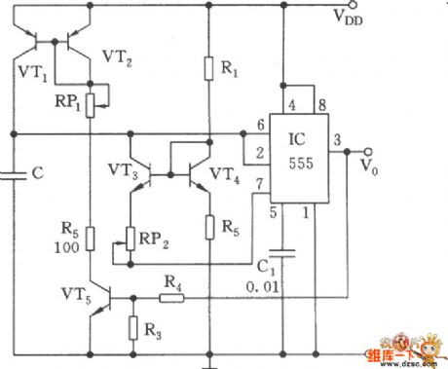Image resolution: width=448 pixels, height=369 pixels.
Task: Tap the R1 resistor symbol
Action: (x=207, y=68)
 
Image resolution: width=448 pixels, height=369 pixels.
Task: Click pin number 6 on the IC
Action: (x=260, y=126)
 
